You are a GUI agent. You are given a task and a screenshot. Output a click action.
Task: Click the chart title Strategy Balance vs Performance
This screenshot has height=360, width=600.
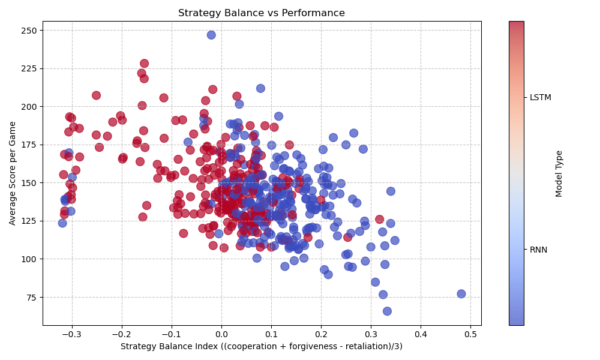261,13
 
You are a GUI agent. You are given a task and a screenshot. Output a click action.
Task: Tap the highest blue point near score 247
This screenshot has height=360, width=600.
211,35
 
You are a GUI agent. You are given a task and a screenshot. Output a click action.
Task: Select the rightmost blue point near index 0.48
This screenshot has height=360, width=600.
461,294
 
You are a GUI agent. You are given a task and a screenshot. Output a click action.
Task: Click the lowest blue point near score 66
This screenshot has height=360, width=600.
387,311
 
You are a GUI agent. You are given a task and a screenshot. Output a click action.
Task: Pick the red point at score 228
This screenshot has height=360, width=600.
144,64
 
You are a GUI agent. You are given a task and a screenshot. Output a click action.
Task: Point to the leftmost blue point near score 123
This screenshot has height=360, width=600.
62,223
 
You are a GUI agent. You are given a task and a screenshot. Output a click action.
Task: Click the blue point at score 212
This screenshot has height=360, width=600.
260,88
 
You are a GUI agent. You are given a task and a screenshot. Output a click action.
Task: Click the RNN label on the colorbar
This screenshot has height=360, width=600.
538,250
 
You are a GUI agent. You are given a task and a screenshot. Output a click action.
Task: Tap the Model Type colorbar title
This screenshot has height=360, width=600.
559,173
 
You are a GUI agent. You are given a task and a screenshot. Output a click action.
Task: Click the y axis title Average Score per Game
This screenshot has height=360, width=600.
13,173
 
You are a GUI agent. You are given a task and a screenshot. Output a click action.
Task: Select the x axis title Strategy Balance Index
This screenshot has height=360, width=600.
261,346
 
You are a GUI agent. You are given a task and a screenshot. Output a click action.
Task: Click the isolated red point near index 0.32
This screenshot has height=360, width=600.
379,220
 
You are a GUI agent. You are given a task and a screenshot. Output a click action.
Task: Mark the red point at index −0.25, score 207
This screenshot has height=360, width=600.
96,95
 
